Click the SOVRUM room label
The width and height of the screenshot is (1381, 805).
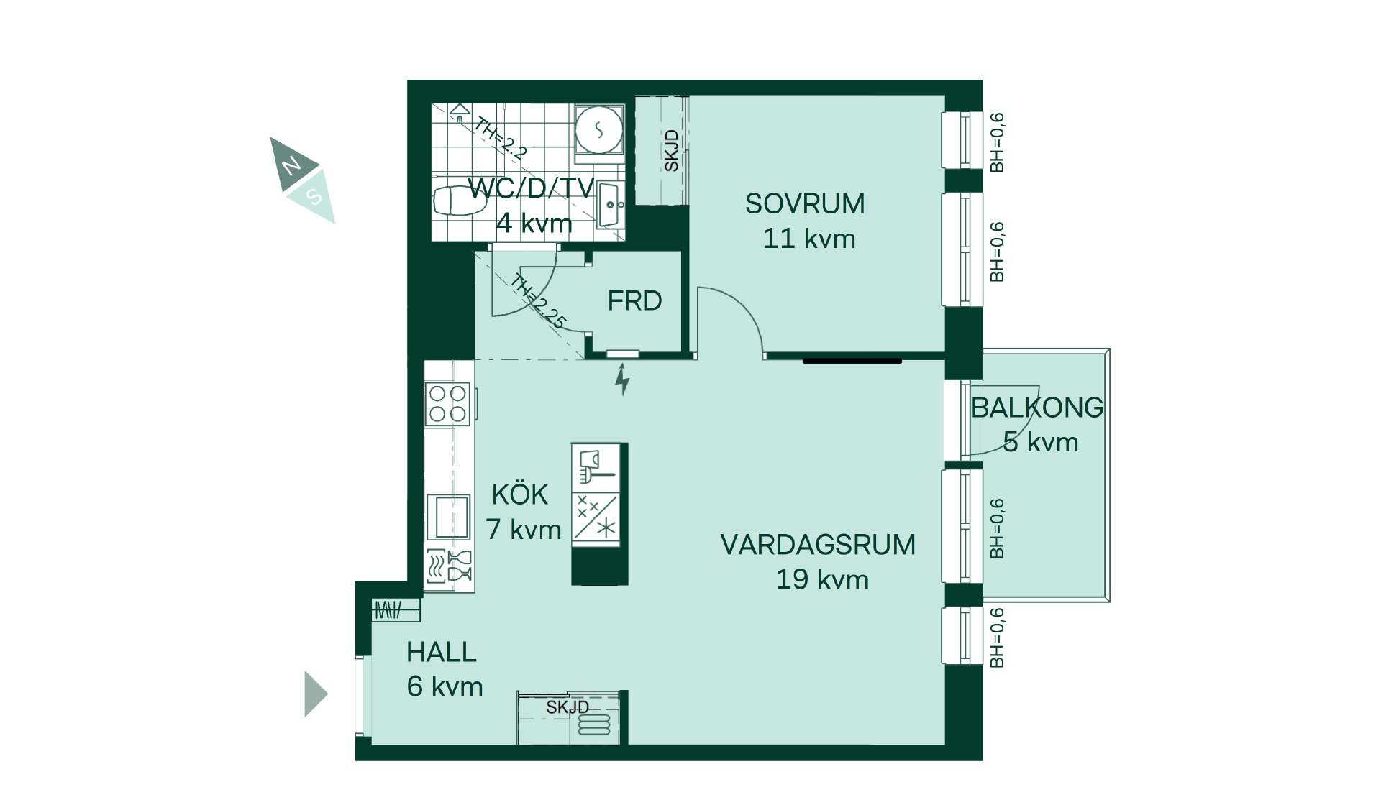(805, 203)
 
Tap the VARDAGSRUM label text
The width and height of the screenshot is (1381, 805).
(818, 545)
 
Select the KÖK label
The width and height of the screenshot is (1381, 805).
(520, 494)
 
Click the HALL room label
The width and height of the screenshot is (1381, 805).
(442, 652)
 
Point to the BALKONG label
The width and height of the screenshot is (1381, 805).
(1037, 408)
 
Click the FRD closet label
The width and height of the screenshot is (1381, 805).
(634, 300)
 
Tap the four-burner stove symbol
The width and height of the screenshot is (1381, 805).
(448, 403)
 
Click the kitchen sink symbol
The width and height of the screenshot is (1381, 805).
(448, 517)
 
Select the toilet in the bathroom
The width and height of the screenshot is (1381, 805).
(460, 201)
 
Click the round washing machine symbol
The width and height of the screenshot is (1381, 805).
(598, 130)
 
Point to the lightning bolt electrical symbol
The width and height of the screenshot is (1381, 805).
(622, 379)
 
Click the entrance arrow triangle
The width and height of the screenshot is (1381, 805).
(316, 694)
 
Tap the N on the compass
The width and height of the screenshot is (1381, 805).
(291, 166)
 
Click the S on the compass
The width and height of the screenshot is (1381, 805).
(313, 195)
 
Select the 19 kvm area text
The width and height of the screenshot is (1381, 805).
(822, 579)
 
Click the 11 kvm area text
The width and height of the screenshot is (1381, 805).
(809, 239)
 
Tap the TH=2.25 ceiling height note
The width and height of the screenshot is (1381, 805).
(538, 301)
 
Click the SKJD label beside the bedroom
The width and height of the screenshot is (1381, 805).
(671, 151)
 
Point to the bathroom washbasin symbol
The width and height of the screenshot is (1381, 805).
(610, 204)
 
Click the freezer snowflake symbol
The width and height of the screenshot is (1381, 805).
(607, 528)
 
